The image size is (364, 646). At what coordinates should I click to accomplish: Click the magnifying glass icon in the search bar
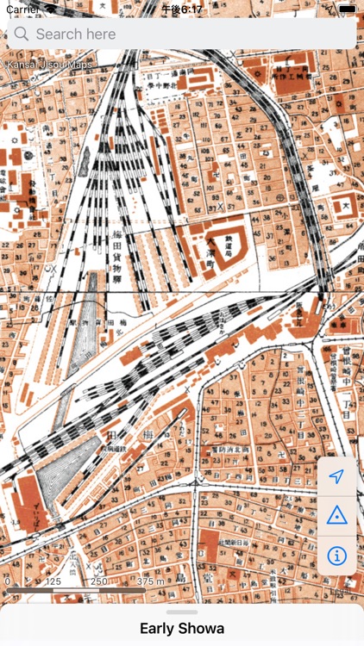tap(22, 34)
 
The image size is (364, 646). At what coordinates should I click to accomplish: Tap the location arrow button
tap(337, 476)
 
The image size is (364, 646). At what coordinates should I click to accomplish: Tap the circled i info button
tap(337, 555)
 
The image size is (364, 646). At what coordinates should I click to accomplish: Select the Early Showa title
tap(182, 629)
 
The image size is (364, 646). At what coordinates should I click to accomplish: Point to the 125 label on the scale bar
tap(53, 581)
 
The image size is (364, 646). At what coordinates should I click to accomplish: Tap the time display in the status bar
tap(182, 9)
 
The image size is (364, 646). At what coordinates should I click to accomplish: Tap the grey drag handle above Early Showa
tap(182, 612)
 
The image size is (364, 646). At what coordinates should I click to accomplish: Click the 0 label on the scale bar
tap(7, 581)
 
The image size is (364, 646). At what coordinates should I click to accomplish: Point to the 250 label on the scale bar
tap(99, 581)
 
